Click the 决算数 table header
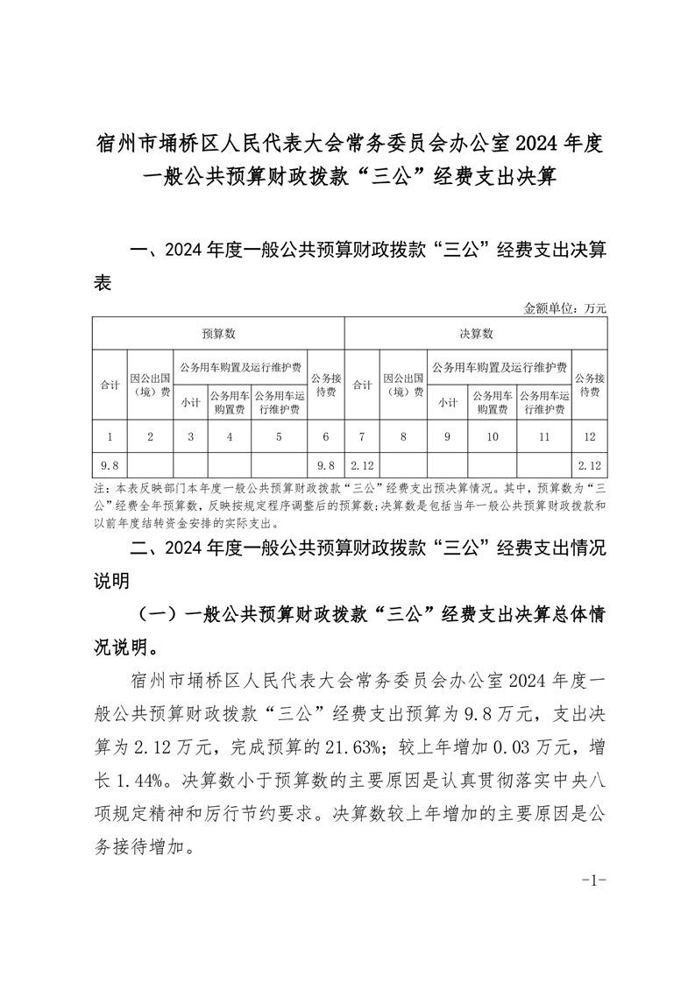click(x=476, y=334)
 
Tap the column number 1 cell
click(x=109, y=435)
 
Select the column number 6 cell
click(x=325, y=435)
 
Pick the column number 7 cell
click(x=361, y=435)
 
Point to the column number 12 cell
click(x=587, y=435)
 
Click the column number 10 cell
click(x=493, y=435)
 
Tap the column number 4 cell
click(x=229, y=435)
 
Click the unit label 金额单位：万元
click(x=564, y=308)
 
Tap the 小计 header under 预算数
click(x=190, y=403)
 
